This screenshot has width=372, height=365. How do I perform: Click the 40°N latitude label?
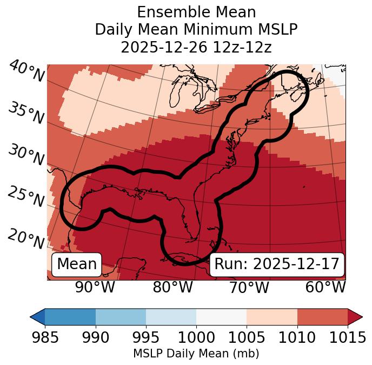(x=26, y=72)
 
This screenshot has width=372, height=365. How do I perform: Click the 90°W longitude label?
(x=95, y=287)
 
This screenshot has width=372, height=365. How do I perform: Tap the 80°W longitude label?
(x=172, y=287)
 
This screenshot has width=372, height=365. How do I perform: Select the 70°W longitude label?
(x=249, y=287)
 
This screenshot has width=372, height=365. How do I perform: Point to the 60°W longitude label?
(x=325, y=287)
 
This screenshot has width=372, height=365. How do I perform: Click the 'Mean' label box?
(x=77, y=264)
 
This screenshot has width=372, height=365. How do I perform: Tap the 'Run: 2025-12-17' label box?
(x=277, y=264)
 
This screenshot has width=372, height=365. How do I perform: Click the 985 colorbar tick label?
(x=45, y=338)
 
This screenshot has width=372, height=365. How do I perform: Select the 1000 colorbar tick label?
(x=196, y=338)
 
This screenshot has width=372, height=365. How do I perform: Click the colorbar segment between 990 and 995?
(x=121, y=317)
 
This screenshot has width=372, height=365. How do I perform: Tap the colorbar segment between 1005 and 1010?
(x=272, y=317)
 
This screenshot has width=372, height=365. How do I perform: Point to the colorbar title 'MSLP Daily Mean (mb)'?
(x=196, y=354)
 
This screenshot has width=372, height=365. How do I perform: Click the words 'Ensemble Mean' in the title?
(x=196, y=12)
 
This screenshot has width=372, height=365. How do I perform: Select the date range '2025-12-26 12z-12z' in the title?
(x=196, y=47)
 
